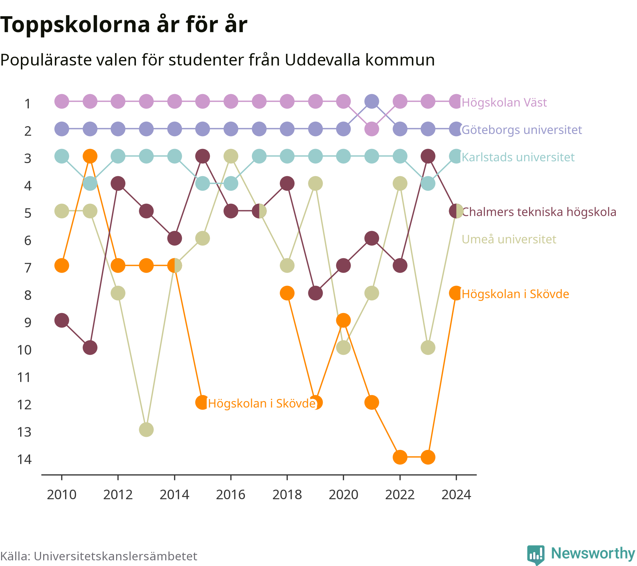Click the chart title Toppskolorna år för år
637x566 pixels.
point(124,25)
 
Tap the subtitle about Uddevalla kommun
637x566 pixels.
point(217,60)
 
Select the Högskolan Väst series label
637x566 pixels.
point(504,103)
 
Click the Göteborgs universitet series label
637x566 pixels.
point(522,130)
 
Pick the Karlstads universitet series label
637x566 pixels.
point(518,157)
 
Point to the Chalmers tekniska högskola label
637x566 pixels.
point(539,212)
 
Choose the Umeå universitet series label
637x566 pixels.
point(509,239)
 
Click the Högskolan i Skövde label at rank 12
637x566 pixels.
point(262,403)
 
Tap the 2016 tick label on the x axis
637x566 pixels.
point(231,495)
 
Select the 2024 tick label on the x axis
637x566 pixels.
point(456,495)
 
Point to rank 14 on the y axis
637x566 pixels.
point(24,459)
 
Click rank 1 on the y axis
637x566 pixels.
point(28,104)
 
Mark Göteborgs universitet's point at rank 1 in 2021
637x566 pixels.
point(372,102)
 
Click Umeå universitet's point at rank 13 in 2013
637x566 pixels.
point(146,430)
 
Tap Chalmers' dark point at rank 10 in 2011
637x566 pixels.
point(90,348)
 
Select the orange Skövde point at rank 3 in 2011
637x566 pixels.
point(90,156)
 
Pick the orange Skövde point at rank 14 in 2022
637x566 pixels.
point(400,457)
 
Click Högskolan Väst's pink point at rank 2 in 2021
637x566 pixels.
point(372,129)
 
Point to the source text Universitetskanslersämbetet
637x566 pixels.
point(115,556)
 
